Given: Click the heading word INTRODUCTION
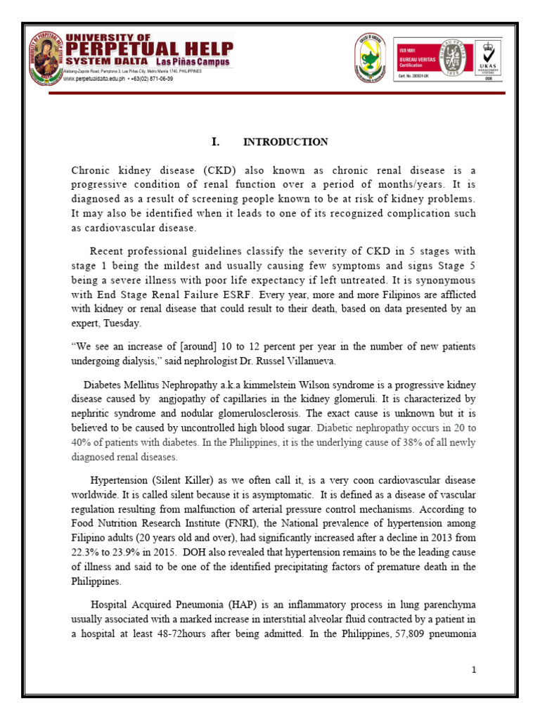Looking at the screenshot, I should pos(285,142).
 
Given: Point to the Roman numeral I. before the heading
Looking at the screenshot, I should pos(216,142).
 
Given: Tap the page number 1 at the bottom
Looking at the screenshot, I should pos(475,669).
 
